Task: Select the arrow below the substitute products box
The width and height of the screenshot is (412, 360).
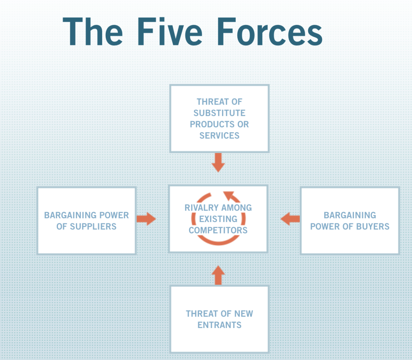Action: click(x=218, y=162)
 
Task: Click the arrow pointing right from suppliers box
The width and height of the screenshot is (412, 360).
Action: click(x=146, y=219)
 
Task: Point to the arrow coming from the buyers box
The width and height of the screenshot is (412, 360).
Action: click(x=290, y=219)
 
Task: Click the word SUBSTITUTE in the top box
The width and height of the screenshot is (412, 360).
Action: click(x=219, y=113)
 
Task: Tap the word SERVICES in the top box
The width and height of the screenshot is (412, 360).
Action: click(x=219, y=135)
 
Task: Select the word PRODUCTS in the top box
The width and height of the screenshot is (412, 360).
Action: click(x=209, y=124)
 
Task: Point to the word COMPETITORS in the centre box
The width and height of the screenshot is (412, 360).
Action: click(x=218, y=230)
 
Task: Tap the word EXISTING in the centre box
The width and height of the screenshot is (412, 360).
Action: click(x=218, y=219)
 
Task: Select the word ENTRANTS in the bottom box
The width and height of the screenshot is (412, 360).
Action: click(x=219, y=325)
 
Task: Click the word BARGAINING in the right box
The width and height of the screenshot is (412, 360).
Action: click(x=350, y=215)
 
